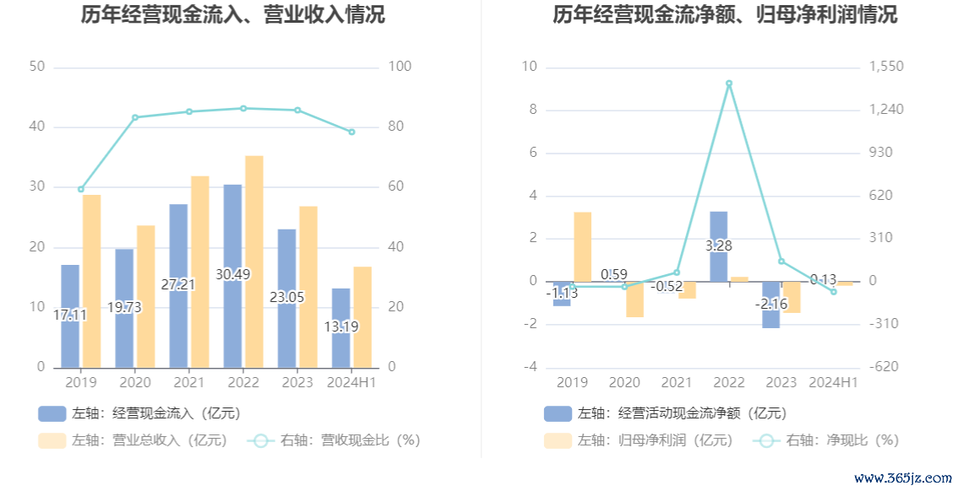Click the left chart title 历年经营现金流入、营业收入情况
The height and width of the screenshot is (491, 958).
232,14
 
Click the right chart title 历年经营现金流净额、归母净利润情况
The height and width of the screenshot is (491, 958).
725,14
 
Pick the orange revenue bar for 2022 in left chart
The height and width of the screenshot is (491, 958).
254,262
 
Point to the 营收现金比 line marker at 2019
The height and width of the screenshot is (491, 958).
81,189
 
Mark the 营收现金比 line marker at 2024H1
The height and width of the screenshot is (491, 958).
351,132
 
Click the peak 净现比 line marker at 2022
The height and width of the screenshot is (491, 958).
729,84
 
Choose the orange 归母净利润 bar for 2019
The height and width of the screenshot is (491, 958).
583,246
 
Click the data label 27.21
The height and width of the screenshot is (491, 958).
177,285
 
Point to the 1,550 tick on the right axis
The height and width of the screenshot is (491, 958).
886,67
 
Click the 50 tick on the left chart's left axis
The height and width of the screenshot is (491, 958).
37,67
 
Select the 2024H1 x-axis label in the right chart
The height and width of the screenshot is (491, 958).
833,383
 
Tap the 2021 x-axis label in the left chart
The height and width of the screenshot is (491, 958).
189,383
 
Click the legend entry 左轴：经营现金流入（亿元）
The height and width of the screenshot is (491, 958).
139,413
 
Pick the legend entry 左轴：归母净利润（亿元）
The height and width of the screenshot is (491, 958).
639,440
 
